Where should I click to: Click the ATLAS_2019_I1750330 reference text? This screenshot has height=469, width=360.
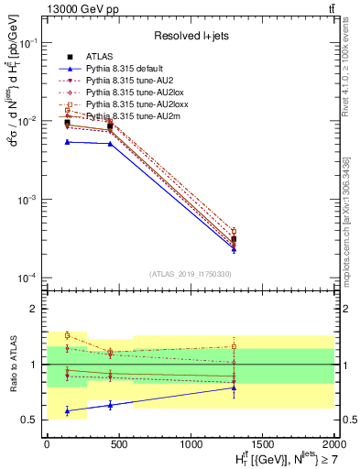(190, 274)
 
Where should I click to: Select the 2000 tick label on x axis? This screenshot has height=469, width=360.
(333, 443)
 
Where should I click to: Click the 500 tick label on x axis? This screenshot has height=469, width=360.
(117, 443)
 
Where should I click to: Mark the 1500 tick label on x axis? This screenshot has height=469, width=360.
(262, 443)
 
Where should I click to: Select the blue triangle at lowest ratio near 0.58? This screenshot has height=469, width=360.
(67, 411)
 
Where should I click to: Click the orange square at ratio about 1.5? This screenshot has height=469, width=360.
(67, 335)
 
